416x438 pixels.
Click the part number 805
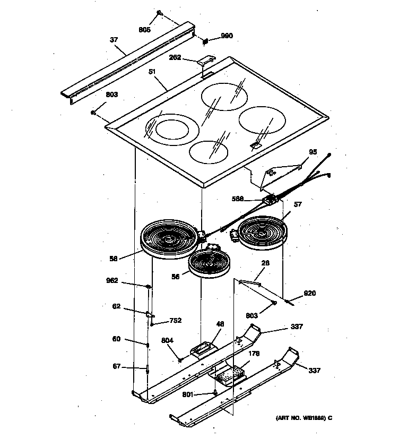point(145,30)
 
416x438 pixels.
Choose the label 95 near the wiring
point(313,152)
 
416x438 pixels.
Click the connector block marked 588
point(272,200)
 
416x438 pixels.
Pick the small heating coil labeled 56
point(209,263)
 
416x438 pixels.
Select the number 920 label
point(309,293)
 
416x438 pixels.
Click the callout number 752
point(175,320)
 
